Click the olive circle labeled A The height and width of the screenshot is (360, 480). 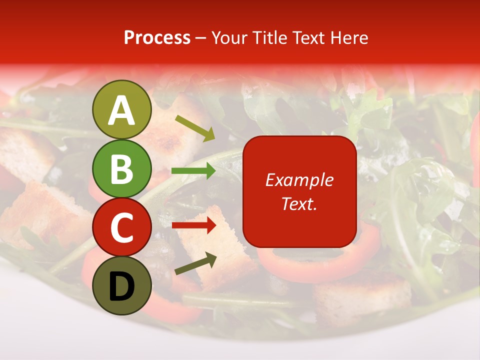click(122, 109)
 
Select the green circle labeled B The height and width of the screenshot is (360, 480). click(122, 168)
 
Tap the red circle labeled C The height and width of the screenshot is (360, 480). click(122, 227)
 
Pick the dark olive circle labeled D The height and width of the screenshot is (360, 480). click(122, 285)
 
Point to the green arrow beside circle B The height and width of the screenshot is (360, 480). click(193, 171)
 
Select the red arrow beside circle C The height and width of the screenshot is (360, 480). click(193, 225)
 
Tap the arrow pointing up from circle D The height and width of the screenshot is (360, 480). click(195, 263)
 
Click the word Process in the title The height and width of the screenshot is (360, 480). click(157, 38)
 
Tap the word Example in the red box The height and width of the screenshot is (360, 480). click(299, 180)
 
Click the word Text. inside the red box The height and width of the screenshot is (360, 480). click(299, 203)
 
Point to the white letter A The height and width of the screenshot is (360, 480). click(122, 110)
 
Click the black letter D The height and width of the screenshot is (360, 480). click(122, 287)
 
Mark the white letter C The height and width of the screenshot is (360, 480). click(122, 228)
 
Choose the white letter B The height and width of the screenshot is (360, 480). click(122, 169)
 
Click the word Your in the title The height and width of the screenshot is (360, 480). click(228, 38)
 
